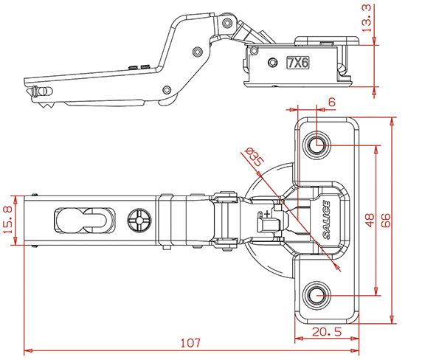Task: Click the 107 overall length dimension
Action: [190, 343]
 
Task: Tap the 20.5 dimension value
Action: [326, 332]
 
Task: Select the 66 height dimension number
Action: [386, 221]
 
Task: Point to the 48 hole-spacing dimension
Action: [370, 220]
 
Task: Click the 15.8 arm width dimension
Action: [9, 220]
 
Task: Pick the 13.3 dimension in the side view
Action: [366, 18]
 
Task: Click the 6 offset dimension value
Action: [332, 102]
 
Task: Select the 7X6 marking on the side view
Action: [298, 63]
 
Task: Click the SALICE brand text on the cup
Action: [327, 220]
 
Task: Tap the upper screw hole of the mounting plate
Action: [316, 145]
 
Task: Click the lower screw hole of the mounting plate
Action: [316, 295]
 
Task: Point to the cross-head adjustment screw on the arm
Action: [139, 221]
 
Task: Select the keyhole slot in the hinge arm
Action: [84, 221]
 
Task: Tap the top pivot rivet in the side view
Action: [227, 22]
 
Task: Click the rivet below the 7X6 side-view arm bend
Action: [198, 52]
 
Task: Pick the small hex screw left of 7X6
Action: [272, 62]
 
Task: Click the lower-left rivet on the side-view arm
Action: [167, 90]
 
